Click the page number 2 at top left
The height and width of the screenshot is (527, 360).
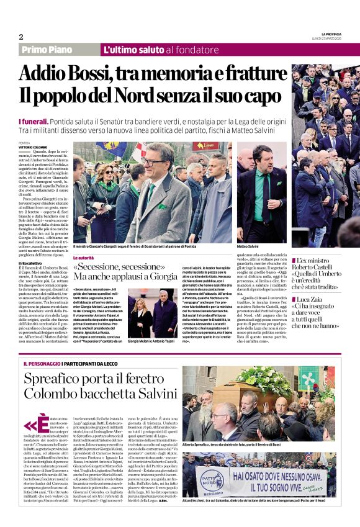click(x=21, y=37)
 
